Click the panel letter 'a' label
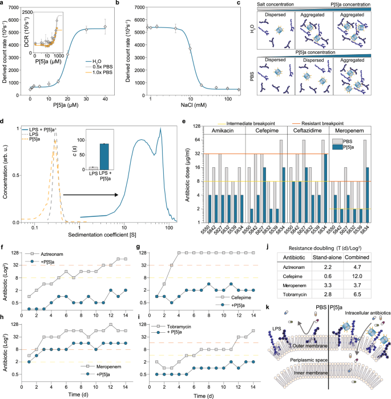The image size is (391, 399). click(x=3, y=3)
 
